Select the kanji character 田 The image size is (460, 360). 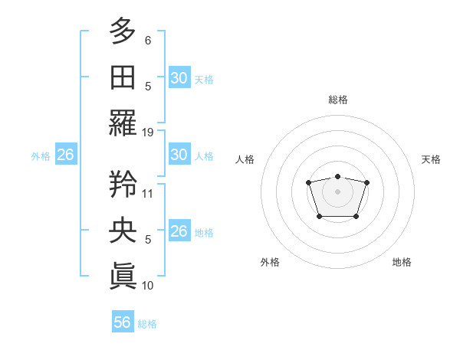(x=123, y=77)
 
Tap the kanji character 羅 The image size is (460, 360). (x=123, y=123)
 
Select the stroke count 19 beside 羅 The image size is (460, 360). (x=149, y=133)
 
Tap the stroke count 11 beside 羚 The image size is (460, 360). (x=148, y=194)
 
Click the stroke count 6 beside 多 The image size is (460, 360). (x=148, y=40)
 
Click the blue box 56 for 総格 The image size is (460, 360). (x=123, y=322)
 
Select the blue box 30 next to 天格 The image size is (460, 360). (x=179, y=77)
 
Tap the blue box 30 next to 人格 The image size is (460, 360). (x=179, y=155)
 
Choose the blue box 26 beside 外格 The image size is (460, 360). (x=65, y=155)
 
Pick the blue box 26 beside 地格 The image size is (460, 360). (x=179, y=231)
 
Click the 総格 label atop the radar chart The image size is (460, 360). (x=337, y=100)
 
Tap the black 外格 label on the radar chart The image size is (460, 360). (x=270, y=262)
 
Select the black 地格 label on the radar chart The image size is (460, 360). (x=402, y=262)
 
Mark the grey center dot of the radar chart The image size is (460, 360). (x=337, y=191)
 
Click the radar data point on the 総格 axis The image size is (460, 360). (x=337, y=175)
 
